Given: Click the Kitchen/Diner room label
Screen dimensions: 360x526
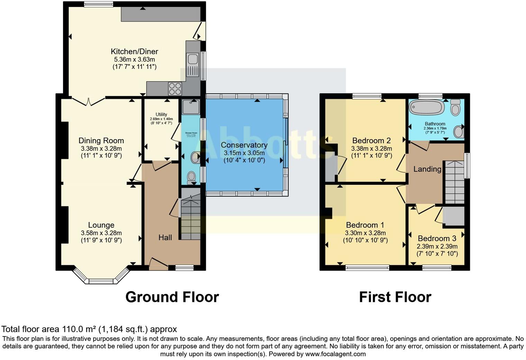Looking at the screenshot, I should [x=134, y=52].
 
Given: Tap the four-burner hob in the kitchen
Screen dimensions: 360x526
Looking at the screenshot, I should [x=175, y=88].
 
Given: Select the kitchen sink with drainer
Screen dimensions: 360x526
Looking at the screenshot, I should [x=192, y=65].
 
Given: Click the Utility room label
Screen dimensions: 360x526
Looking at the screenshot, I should [x=161, y=114].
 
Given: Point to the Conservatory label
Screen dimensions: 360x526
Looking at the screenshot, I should [x=244, y=145].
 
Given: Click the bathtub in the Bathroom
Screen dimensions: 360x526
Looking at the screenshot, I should [x=427, y=107].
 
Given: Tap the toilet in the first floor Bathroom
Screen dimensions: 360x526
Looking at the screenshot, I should [x=456, y=108].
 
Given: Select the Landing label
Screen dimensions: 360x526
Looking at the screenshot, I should [x=427, y=169].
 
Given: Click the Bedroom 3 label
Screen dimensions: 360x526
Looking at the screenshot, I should [x=437, y=238].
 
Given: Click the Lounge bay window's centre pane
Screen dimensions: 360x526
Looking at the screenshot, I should [x=101, y=281].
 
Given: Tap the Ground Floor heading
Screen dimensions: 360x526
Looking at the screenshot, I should [x=172, y=297].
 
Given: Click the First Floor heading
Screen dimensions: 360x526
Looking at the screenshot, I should [x=395, y=297].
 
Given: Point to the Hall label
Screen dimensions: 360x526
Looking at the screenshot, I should [x=165, y=237].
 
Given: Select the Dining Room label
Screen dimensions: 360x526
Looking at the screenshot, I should [x=101, y=141].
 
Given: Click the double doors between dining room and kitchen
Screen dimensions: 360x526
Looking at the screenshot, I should [x=89, y=101].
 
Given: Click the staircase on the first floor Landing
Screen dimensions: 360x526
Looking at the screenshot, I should [x=454, y=182].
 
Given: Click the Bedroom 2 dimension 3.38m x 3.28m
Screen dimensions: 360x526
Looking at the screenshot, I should [x=371, y=148].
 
